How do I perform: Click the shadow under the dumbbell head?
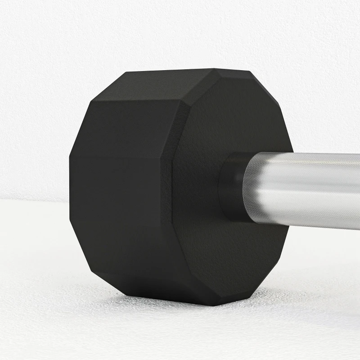[180, 310]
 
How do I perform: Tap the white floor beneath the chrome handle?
[315, 270]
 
